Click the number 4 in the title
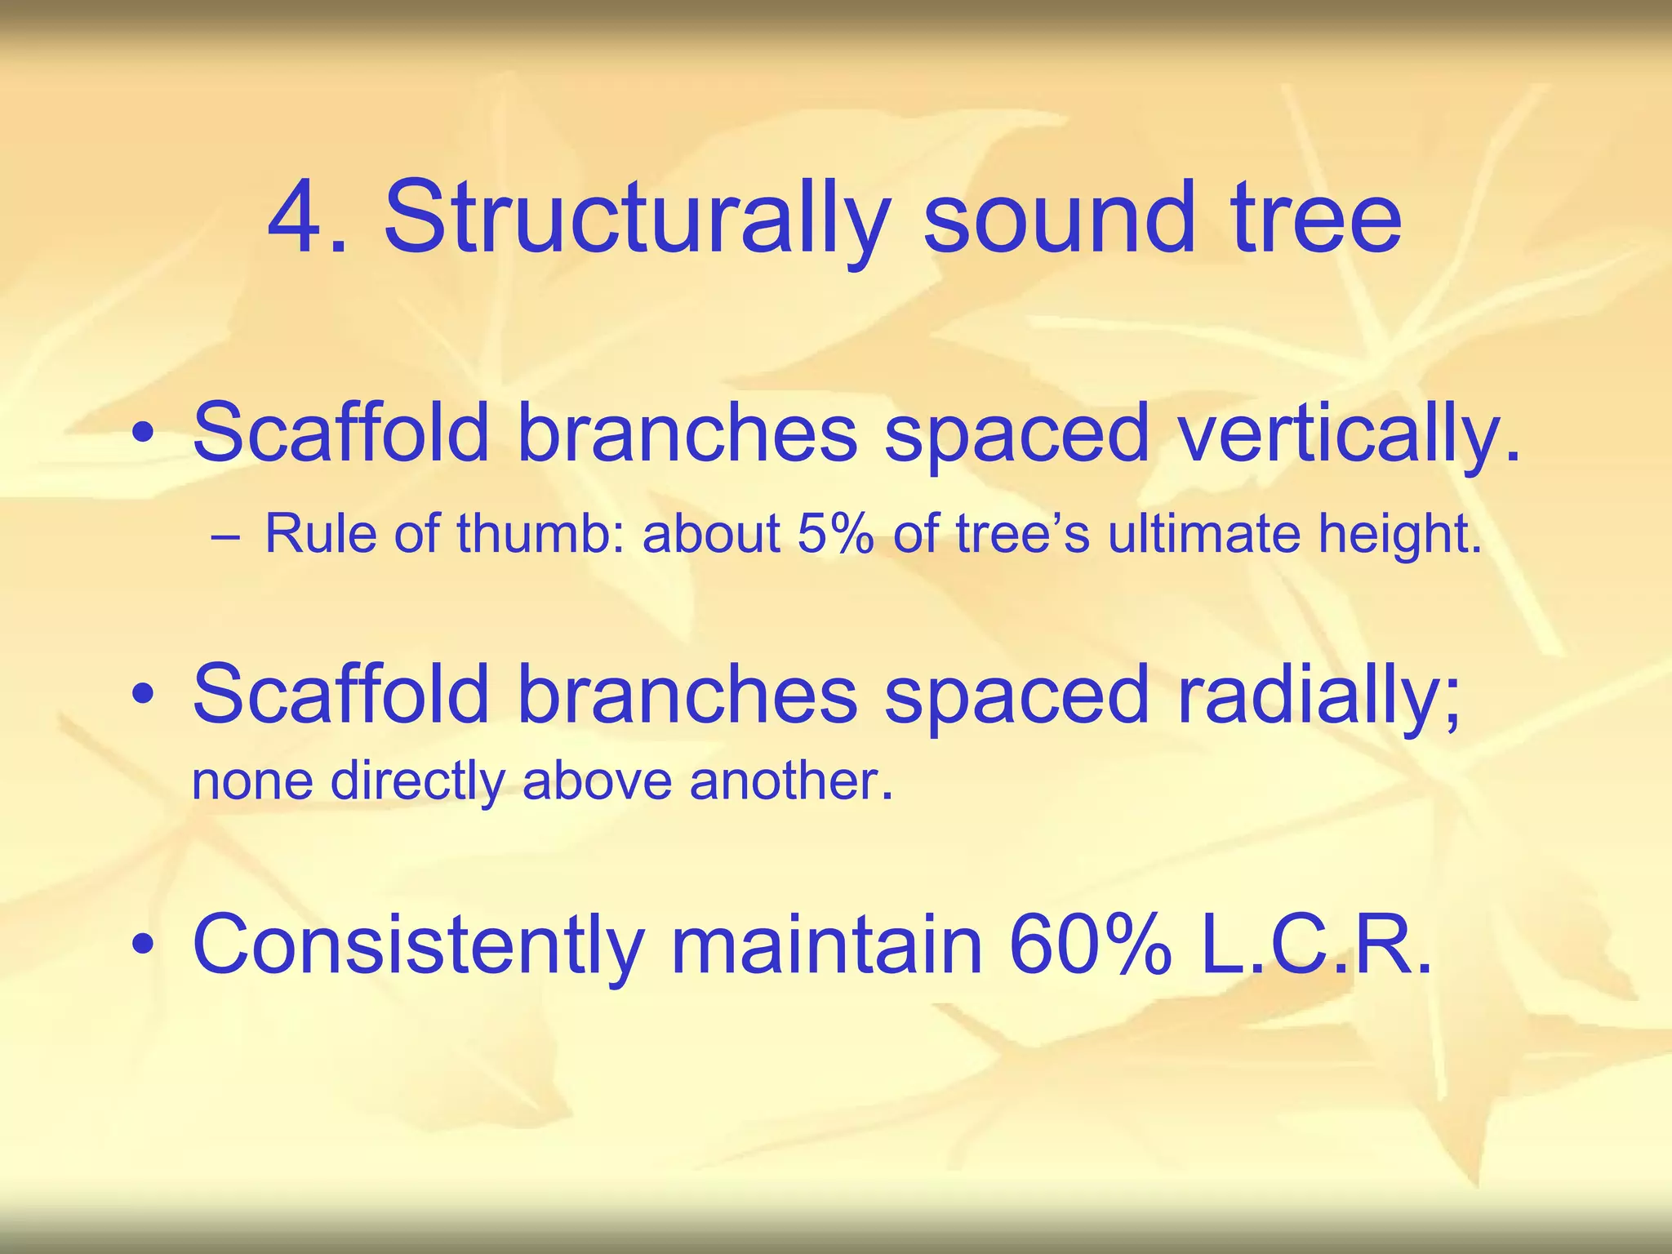click(297, 219)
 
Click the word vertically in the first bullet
click(1347, 434)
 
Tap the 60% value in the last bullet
click(1090, 945)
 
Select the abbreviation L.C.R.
click(1316, 945)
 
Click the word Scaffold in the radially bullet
click(340, 694)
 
